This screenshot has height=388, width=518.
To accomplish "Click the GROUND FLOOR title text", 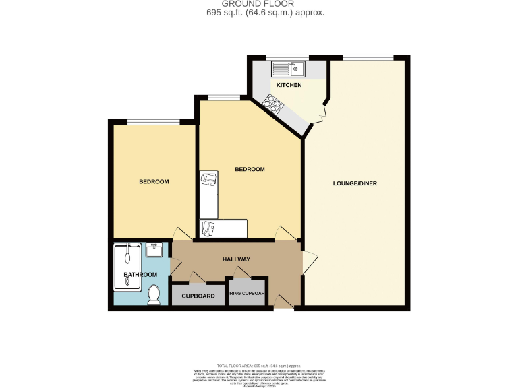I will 258,3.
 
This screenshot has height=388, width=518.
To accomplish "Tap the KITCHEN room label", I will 289,85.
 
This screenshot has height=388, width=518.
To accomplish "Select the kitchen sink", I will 289,68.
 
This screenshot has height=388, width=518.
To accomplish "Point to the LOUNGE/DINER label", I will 355,183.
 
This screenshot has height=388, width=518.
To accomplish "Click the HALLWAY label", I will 237,259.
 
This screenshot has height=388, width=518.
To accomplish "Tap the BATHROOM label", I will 140,274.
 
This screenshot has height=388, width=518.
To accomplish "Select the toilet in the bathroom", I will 154,294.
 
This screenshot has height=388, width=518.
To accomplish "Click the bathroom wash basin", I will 153,249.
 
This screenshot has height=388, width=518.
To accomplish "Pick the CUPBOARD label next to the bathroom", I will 198,296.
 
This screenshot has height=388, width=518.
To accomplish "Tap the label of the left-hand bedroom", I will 154,181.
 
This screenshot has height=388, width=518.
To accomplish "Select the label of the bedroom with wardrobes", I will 250,169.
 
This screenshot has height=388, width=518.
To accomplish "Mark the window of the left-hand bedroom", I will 154,122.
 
